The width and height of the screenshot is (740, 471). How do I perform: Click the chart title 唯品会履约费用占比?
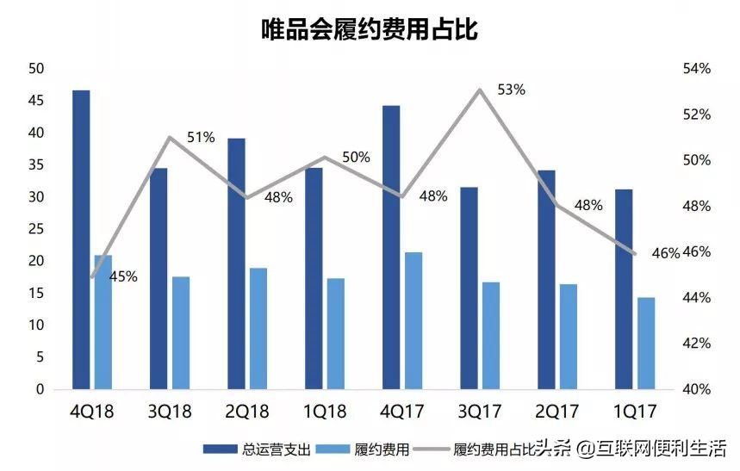pyautogui.click(x=370, y=30)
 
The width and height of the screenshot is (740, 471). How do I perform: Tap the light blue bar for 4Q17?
pyautogui.click(x=414, y=320)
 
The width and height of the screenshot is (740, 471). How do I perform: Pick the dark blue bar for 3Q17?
pyautogui.click(x=469, y=288)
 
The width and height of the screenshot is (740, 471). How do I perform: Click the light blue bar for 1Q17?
pyautogui.click(x=646, y=343)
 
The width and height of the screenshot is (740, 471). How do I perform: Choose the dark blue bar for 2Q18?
pyautogui.click(x=236, y=263)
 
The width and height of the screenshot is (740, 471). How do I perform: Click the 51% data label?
pyautogui.click(x=200, y=137)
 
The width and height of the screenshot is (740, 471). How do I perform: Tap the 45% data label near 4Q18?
pyautogui.click(x=123, y=276)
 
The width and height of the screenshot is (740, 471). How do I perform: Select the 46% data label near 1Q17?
pyautogui.click(x=666, y=253)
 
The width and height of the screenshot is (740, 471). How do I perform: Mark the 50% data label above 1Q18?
pyautogui.click(x=356, y=157)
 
